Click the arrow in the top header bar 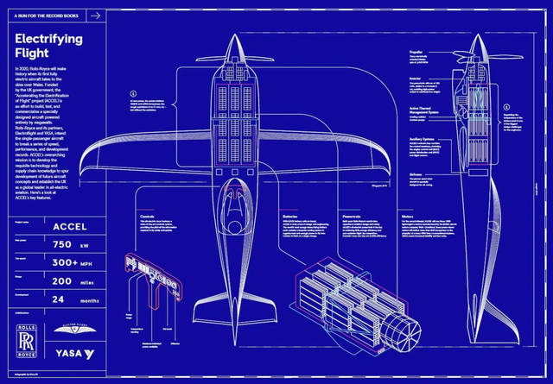[95, 15]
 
